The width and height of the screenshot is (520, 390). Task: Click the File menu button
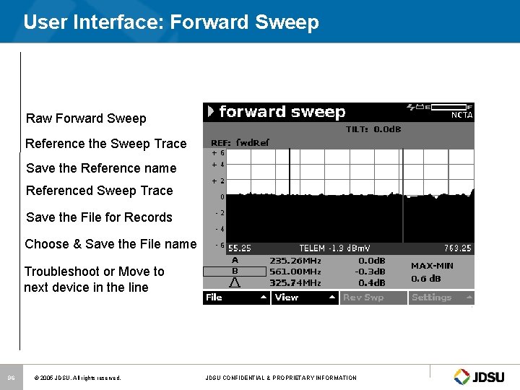pyautogui.click(x=236, y=298)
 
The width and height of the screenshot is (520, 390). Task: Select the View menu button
pyautogui.click(x=305, y=298)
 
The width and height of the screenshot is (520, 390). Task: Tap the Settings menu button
pyautogui.click(x=441, y=298)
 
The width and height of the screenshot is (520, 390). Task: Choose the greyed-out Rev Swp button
pyautogui.click(x=373, y=298)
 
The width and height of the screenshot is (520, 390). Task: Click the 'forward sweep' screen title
pyautogui.click(x=282, y=111)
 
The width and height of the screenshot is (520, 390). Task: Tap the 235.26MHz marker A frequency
pyautogui.click(x=295, y=260)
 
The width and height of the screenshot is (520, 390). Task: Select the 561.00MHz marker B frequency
pyautogui.click(x=295, y=271)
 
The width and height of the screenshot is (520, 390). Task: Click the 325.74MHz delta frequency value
pyautogui.click(x=295, y=282)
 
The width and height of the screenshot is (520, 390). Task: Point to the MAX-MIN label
pyautogui.click(x=432, y=266)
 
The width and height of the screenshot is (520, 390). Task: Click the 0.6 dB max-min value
pyautogui.click(x=427, y=279)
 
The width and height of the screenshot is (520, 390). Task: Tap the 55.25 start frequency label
pyautogui.click(x=239, y=248)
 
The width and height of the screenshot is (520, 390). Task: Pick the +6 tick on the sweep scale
pyautogui.click(x=217, y=153)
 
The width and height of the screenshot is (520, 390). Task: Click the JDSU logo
pyautogui.click(x=482, y=376)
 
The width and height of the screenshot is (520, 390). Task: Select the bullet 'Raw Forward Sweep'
pyautogui.click(x=86, y=118)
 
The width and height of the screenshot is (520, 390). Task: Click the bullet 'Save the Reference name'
pyautogui.click(x=101, y=168)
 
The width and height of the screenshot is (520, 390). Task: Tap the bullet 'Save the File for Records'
pyautogui.click(x=99, y=217)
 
